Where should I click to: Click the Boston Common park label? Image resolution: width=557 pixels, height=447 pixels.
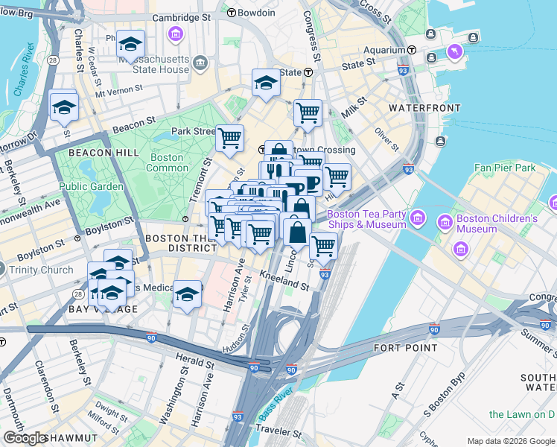pyautogui.click(x=167, y=162)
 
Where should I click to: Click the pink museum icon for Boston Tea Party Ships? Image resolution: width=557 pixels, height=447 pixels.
pyautogui.click(x=418, y=218)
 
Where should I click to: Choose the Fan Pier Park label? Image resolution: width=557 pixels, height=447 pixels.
pyautogui.click(x=505, y=168)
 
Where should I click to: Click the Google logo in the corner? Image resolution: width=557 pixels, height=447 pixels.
pyautogui.click(x=25, y=438)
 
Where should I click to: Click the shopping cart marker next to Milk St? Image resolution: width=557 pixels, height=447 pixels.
pyautogui.click(x=308, y=113)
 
